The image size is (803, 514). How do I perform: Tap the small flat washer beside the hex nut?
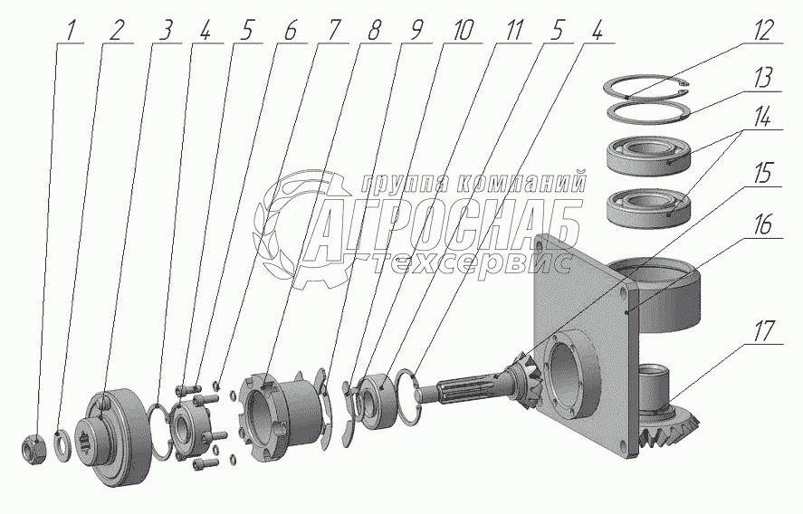[x=63, y=446]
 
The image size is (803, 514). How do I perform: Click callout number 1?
[x=71, y=33]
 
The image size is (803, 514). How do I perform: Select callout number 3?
[x=165, y=32]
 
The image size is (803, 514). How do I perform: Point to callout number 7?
[x=333, y=32]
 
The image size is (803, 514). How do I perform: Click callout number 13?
[x=762, y=79]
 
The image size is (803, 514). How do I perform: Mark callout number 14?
[x=762, y=119]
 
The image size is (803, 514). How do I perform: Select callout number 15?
[x=762, y=175]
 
